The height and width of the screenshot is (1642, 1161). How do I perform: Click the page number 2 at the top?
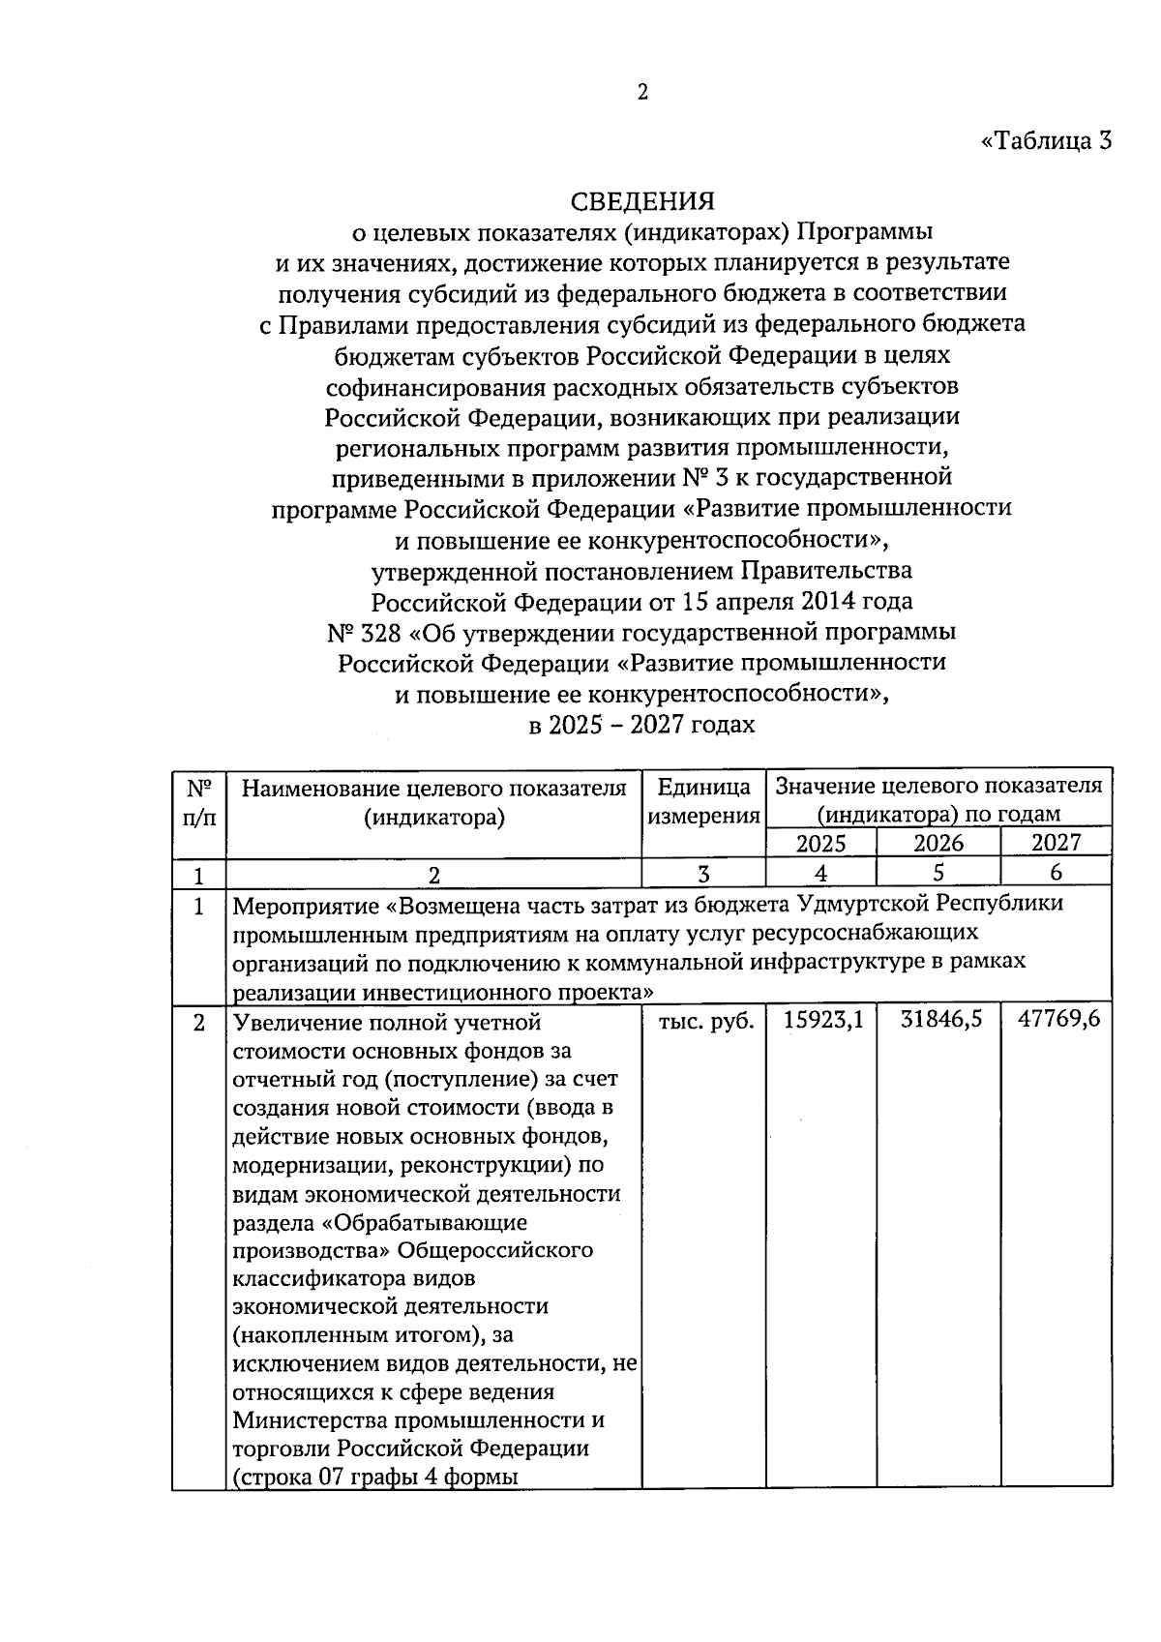coord(642,92)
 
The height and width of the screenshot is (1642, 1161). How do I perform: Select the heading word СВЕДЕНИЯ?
coord(642,201)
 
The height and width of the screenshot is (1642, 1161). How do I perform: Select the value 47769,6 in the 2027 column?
coord(1059,1020)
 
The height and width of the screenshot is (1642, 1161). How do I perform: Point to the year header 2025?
coord(820,843)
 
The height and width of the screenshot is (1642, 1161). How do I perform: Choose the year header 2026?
coord(938,843)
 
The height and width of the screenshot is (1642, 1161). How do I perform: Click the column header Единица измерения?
coord(703,801)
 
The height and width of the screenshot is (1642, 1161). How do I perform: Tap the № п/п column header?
coord(198,801)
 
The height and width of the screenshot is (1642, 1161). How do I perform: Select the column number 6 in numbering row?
coord(1056,873)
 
